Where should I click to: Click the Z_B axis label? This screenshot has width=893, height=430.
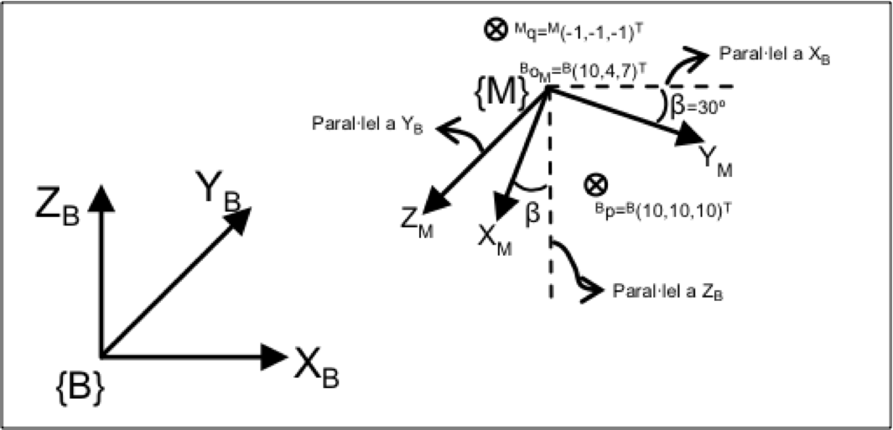click(57, 206)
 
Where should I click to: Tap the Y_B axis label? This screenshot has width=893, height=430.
click(218, 189)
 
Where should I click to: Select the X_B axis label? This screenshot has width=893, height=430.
click(317, 365)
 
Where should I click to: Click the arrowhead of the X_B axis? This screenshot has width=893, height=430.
click(273, 357)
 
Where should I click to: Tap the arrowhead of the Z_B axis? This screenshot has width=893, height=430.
click(101, 198)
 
